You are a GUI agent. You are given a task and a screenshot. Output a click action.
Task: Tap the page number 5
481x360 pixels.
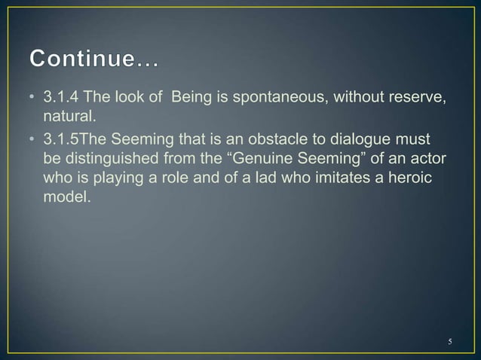pyautogui.click(x=450, y=342)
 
